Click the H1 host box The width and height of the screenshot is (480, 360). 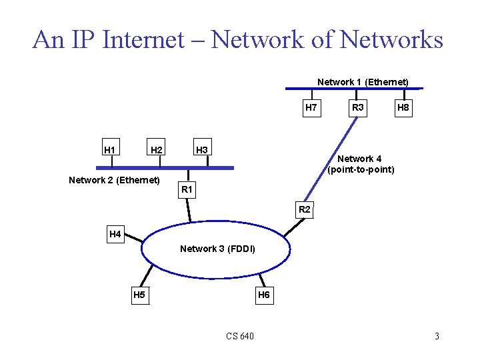(109, 149)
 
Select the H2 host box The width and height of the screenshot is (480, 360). (157, 149)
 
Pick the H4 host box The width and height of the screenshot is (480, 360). (115, 234)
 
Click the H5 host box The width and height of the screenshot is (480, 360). (139, 295)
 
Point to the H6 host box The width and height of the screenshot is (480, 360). (263, 295)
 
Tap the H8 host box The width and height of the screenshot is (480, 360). (403, 107)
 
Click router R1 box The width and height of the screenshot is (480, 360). (187, 190)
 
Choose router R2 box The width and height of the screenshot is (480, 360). (305, 209)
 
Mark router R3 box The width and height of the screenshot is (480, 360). (358, 107)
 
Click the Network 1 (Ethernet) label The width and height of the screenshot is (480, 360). (363, 82)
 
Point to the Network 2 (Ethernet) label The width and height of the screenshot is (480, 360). (115, 180)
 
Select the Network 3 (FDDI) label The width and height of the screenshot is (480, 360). (217, 249)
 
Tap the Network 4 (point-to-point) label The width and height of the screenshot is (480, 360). (360, 164)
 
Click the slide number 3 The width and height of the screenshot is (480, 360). (437, 336)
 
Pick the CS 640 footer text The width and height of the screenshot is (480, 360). (239, 336)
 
